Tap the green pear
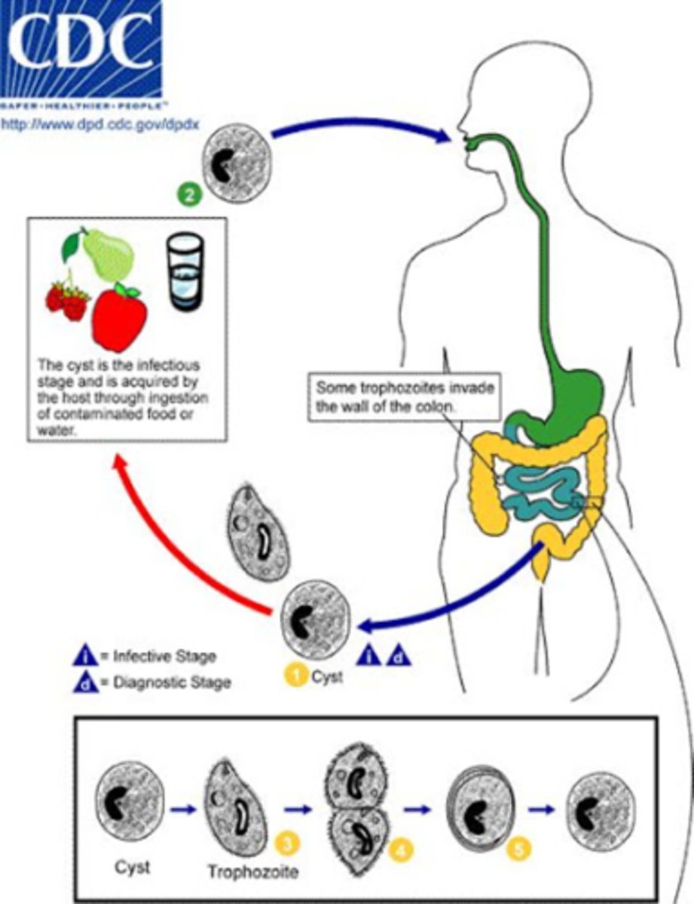pos(105,256)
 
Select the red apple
pos(119,318)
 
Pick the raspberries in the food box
pos(66,300)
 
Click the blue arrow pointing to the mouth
pos(362,136)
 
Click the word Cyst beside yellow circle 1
pos(327,676)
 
